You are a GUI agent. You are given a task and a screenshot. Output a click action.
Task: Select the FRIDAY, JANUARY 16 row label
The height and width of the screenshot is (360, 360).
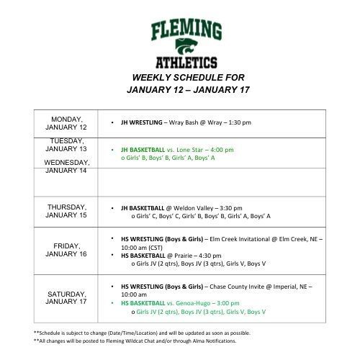point(66,249)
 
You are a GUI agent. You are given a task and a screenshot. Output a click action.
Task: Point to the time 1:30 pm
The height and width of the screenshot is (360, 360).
point(238,122)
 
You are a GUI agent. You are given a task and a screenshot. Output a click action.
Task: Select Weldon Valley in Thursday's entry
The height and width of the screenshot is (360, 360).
point(198,207)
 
